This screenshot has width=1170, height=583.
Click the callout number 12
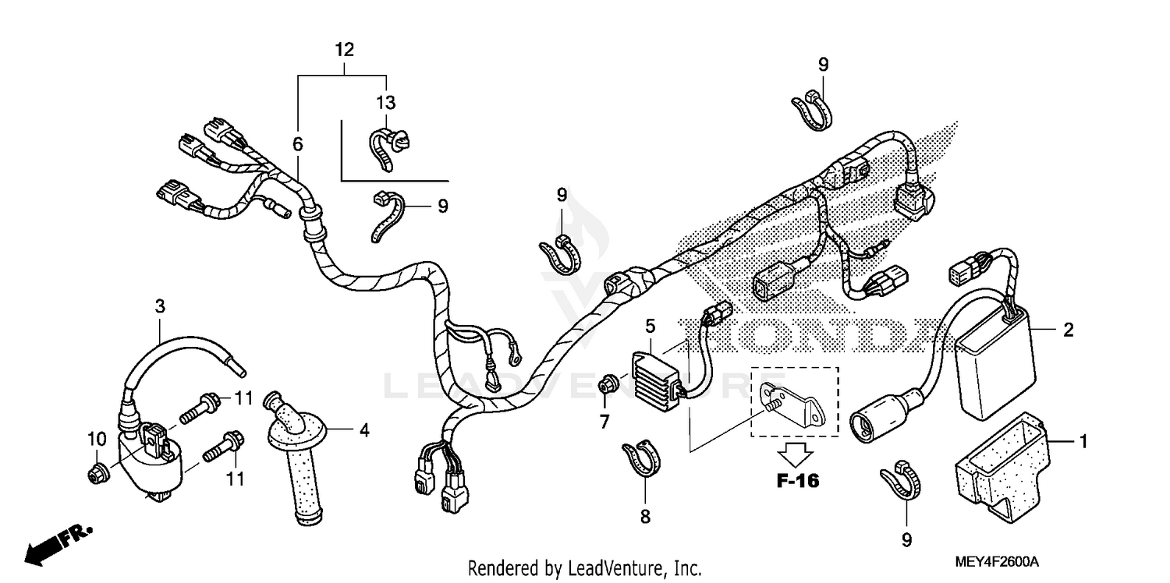pos(344,50)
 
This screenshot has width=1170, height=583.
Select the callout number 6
pos(297,144)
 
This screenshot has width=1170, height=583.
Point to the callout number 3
pos(160,306)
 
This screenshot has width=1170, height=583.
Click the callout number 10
pos(95,440)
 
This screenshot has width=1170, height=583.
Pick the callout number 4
pos(363,429)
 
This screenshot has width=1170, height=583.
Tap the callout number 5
pos(651,324)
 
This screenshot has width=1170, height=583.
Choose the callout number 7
pos(604,422)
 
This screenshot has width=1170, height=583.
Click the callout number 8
pos(644,517)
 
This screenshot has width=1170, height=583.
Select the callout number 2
pos(1068,330)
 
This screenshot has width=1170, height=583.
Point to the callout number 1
pos(1082,442)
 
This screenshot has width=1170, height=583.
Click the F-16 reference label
pos(797,481)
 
